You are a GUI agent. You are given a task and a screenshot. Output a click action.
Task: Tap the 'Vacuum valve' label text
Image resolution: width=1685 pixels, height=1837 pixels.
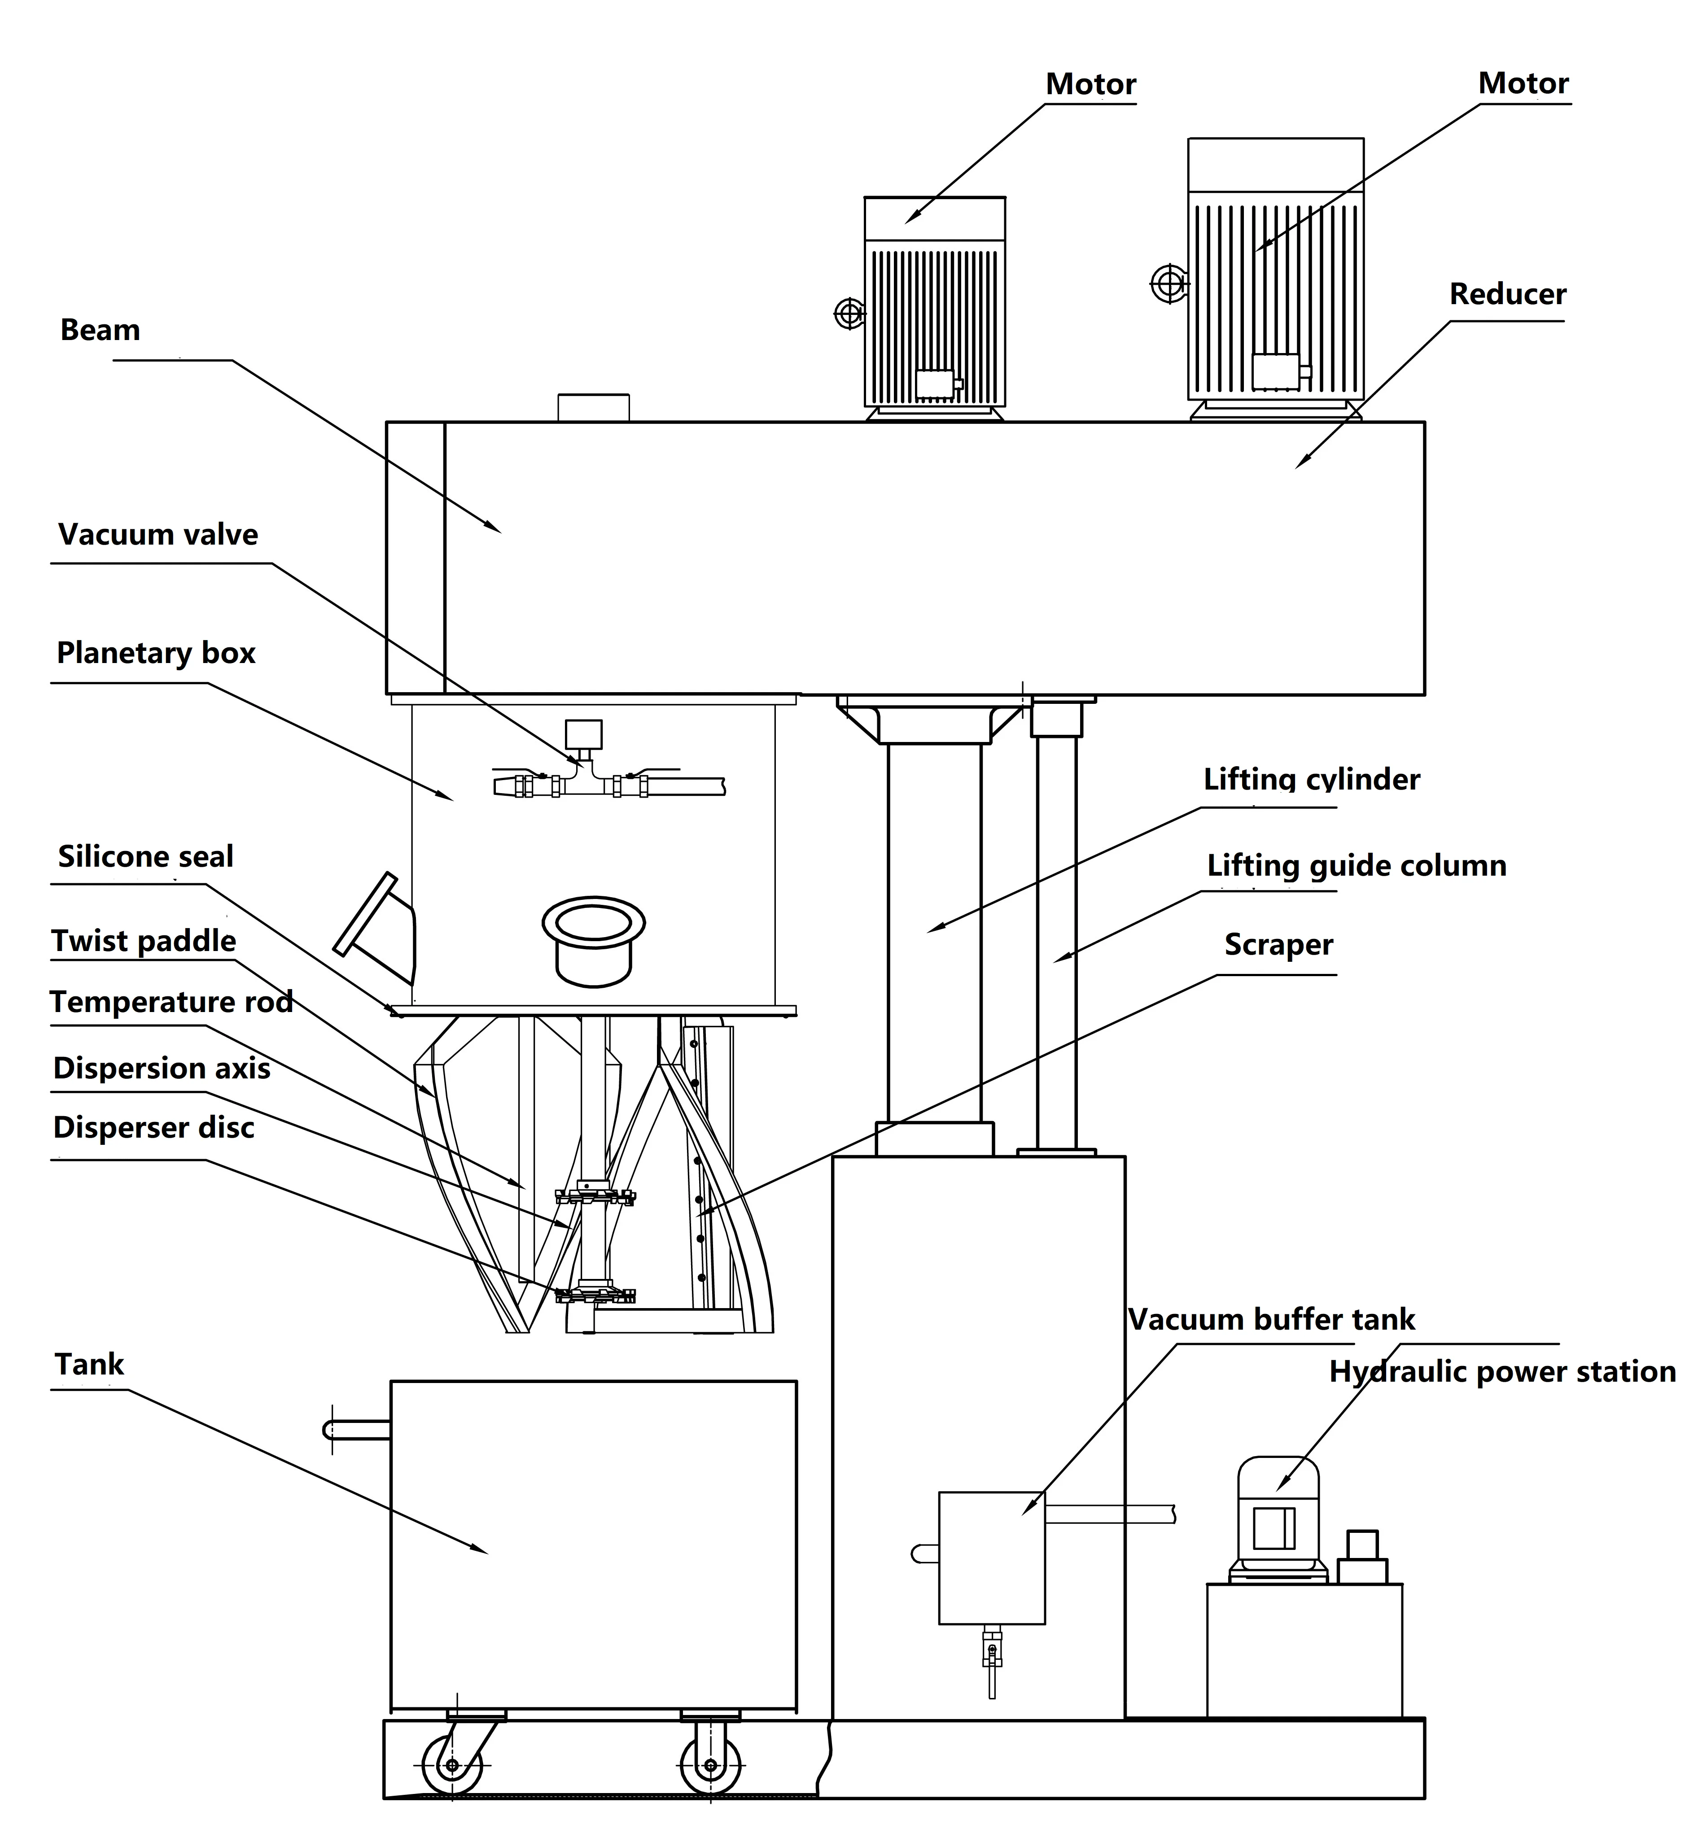click(158, 534)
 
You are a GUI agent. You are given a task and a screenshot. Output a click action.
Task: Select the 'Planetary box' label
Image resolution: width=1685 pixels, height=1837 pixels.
click(156, 653)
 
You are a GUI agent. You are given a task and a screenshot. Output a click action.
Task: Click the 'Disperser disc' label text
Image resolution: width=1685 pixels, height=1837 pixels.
click(153, 1128)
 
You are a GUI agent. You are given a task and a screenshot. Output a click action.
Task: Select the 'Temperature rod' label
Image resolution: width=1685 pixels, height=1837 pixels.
click(171, 1002)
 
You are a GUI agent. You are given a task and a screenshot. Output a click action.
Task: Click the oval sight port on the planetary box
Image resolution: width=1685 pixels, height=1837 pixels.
click(594, 923)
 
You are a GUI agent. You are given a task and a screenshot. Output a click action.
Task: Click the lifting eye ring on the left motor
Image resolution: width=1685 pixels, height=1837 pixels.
click(849, 314)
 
